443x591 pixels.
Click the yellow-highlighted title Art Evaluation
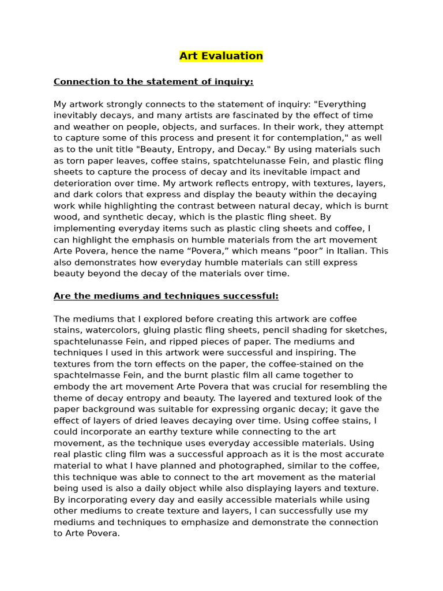(221, 56)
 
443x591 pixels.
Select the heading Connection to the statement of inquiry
(153, 82)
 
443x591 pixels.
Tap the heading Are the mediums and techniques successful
(166, 296)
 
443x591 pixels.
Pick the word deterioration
(80, 183)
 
